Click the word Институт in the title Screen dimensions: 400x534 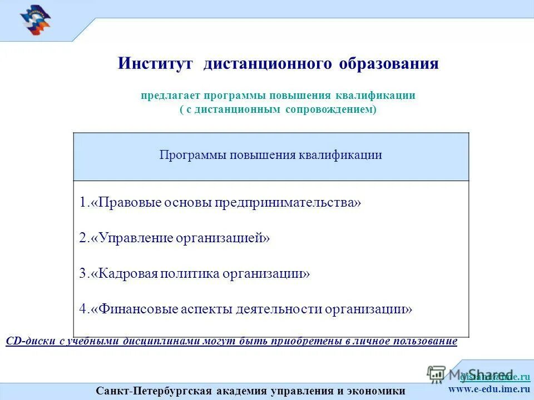[155, 63]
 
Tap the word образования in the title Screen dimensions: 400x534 [389, 63]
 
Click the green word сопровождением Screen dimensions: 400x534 [330, 110]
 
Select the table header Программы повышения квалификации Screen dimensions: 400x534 [271, 155]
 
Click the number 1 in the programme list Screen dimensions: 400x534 [82, 203]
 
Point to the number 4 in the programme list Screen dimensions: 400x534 [82, 309]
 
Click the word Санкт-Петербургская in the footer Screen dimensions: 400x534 [154, 391]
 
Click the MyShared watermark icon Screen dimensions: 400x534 [437, 374]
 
